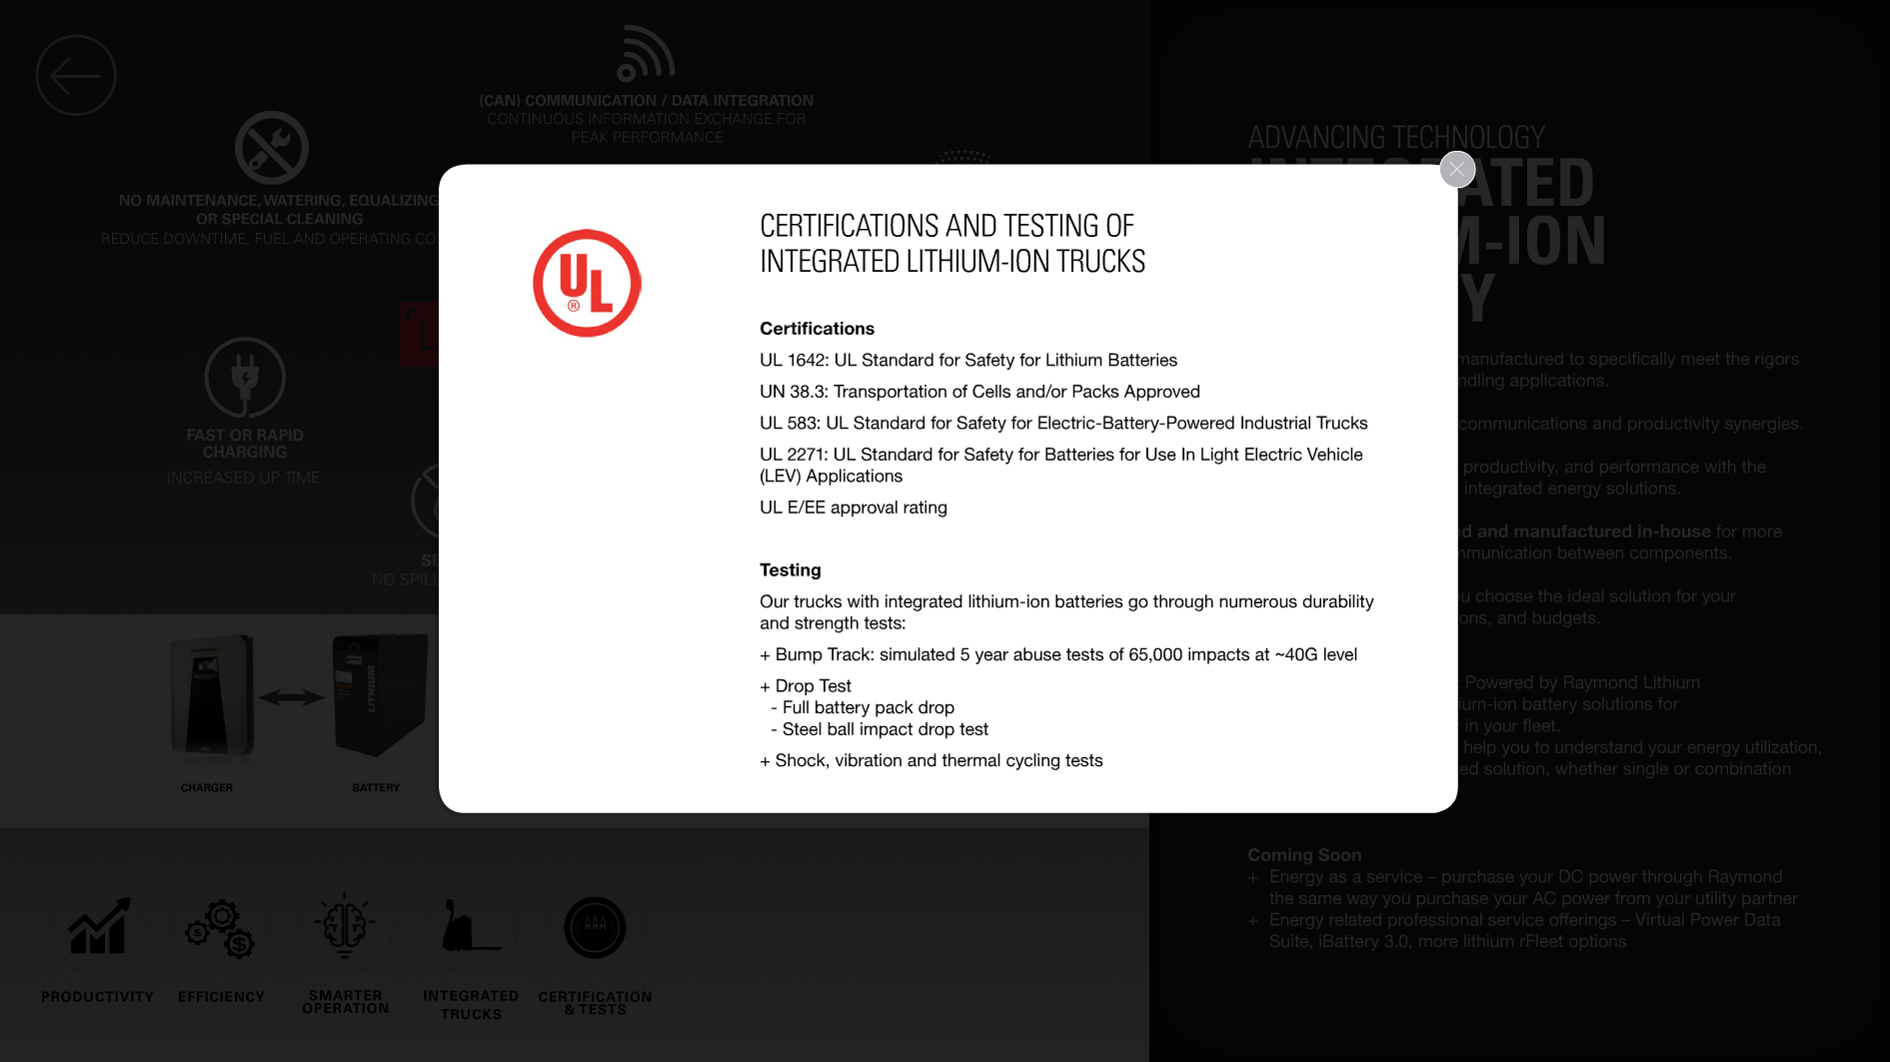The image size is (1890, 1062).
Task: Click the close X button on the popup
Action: [1457, 170]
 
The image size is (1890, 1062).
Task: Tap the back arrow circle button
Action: [76, 76]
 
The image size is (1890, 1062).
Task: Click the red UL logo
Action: [587, 284]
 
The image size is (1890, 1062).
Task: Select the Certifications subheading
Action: [817, 329]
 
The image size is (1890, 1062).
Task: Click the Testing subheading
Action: [790, 570]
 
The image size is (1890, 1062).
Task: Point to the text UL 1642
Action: [793, 361]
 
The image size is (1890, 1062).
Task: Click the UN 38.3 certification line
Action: [979, 392]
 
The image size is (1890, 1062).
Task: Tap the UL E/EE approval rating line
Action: [853, 508]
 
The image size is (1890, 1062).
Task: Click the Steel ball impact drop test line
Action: [885, 730]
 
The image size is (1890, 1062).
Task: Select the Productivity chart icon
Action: [98, 928]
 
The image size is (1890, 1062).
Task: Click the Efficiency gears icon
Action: [221, 928]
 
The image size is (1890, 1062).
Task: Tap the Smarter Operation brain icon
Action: [345, 926]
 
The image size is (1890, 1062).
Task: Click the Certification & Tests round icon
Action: [595, 928]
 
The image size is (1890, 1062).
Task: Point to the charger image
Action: [211, 697]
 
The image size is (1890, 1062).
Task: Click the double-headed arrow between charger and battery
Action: [292, 697]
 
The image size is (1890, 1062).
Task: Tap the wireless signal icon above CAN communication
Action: [645, 55]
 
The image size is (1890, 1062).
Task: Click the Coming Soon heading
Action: [1304, 855]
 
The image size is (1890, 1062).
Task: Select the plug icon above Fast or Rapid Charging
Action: [245, 378]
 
